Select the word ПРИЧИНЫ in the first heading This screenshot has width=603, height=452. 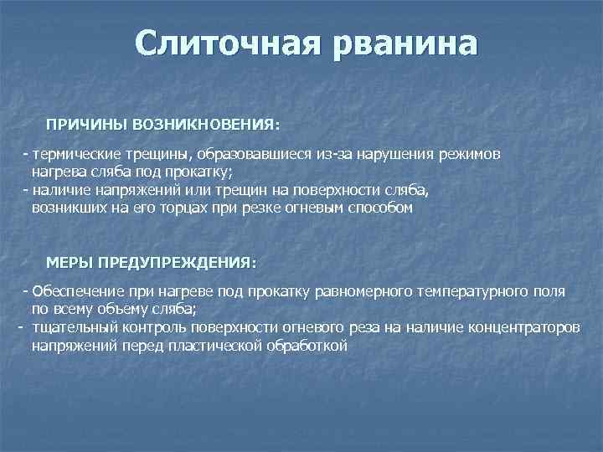tap(83, 124)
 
